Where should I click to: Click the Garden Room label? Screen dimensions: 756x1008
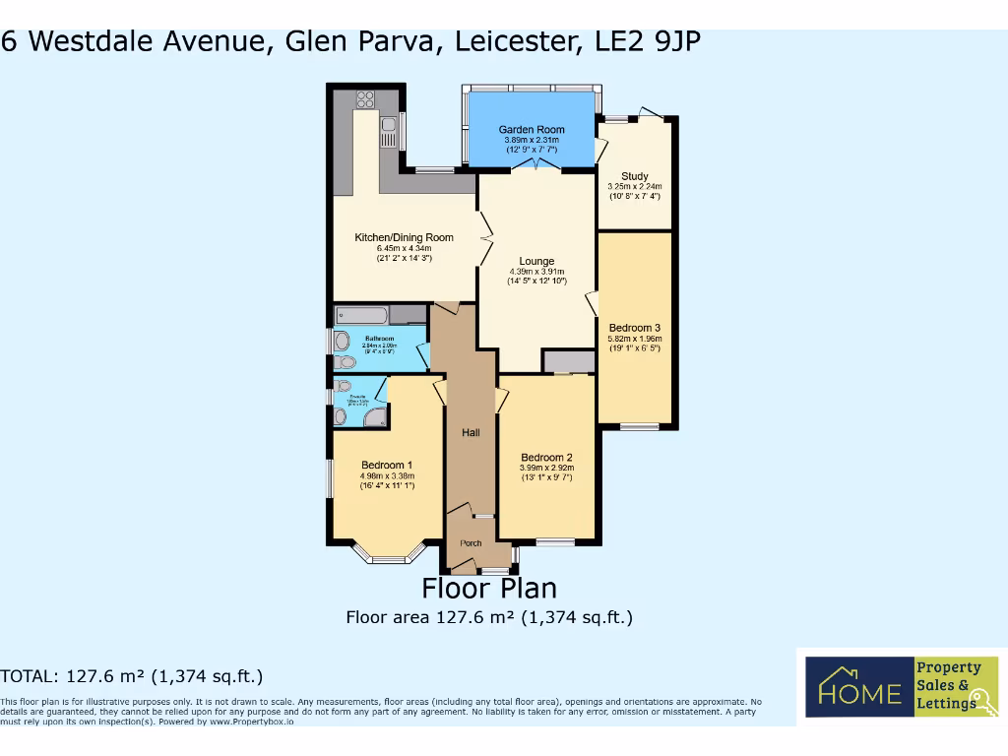pyautogui.click(x=531, y=130)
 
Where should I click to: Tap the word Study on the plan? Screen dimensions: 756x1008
pyautogui.click(x=635, y=176)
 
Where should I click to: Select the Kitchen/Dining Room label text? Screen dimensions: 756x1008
pyautogui.click(x=404, y=237)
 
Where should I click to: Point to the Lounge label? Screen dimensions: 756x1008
pyautogui.click(x=536, y=261)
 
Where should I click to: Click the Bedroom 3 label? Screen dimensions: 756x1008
pyautogui.click(x=634, y=328)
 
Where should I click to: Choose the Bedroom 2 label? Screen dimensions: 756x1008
pyautogui.click(x=546, y=457)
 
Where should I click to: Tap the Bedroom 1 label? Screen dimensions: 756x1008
pyautogui.click(x=387, y=465)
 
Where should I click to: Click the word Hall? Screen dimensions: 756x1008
pyautogui.click(x=471, y=432)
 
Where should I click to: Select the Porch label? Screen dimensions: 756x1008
pyautogui.click(x=472, y=542)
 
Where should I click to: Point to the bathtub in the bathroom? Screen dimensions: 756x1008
pyautogui.click(x=361, y=315)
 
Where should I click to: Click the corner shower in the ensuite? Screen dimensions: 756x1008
pyautogui.click(x=375, y=418)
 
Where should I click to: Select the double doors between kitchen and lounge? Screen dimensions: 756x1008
pyautogui.click(x=484, y=236)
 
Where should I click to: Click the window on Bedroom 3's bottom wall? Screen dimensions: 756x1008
pyautogui.click(x=640, y=426)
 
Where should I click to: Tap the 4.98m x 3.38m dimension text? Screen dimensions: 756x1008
pyautogui.click(x=387, y=476)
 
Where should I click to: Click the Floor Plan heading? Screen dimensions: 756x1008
pyautogui.click(x=489, y=589)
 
